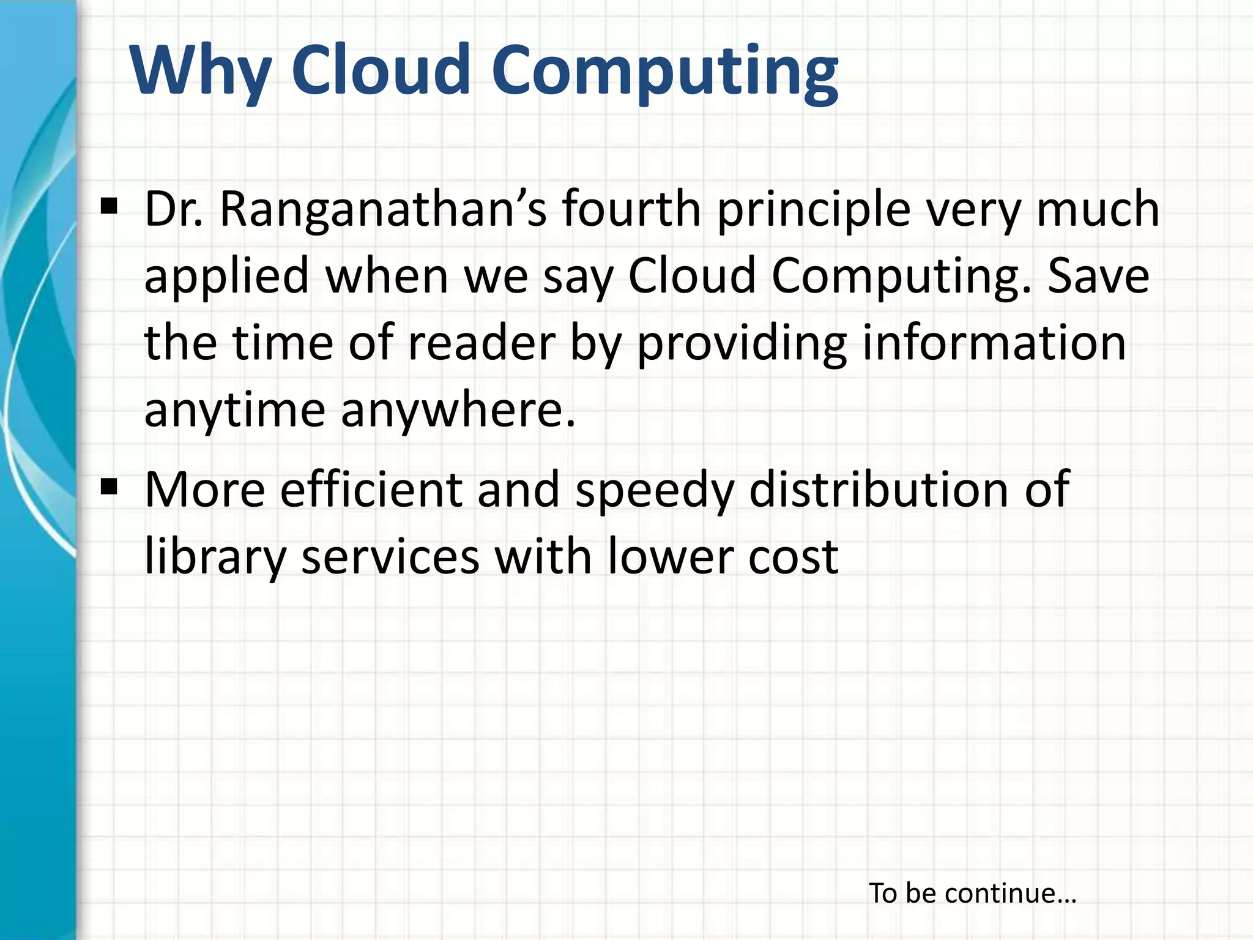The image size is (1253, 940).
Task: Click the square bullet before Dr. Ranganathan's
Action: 110,206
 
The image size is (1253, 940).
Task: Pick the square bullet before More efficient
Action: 110,487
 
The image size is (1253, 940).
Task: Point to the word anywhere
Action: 458,410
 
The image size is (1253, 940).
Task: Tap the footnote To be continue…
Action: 972,893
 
